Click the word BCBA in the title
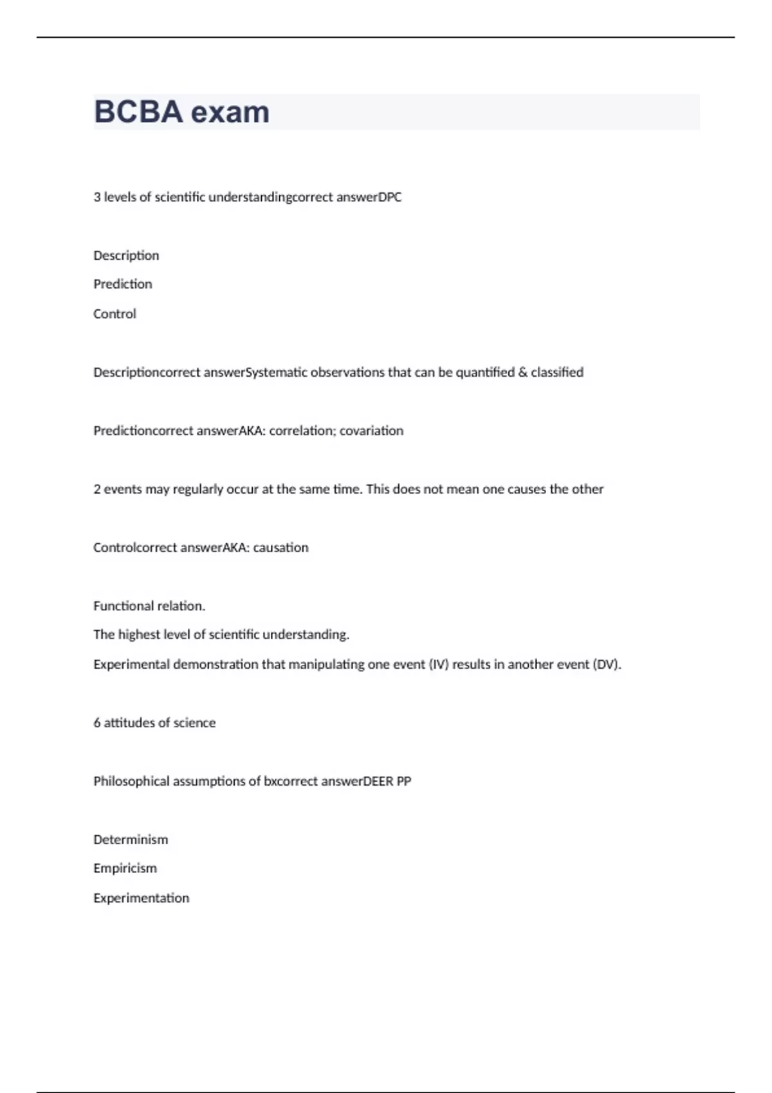[138, 112]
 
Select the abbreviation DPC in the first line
[390, 197]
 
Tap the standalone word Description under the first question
[126, 256]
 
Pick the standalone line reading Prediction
[123, 284]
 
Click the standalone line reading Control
[115, 314]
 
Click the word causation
[280, 548]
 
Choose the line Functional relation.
[149, 606]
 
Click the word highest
[139, 635]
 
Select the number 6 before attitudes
[97, 723]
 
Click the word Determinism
[131, 840]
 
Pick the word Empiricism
[125, 869]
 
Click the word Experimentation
[141, 898]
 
